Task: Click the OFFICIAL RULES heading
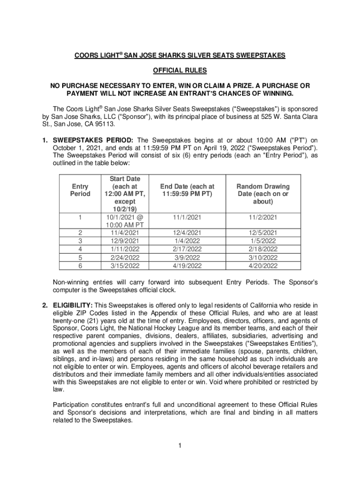pos(180,71)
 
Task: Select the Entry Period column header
pos(80,190)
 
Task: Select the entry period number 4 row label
pos(80,249)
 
